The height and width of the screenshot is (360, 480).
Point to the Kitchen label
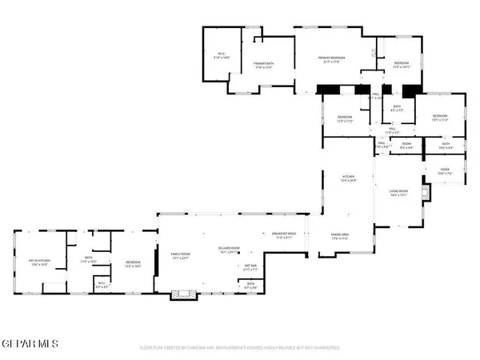click(348, 178)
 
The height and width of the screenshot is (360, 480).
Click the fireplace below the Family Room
click(182, 294)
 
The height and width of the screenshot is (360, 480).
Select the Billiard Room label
click(230, 250)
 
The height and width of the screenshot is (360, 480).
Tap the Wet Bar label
click(250, 268)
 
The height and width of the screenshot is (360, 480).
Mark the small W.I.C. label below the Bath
click(102, 282)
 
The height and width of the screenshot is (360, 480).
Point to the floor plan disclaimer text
click(240, 348)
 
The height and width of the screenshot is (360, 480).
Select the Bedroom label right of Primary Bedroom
click(400, 66)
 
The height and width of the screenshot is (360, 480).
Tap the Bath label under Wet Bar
click(250, 286)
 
